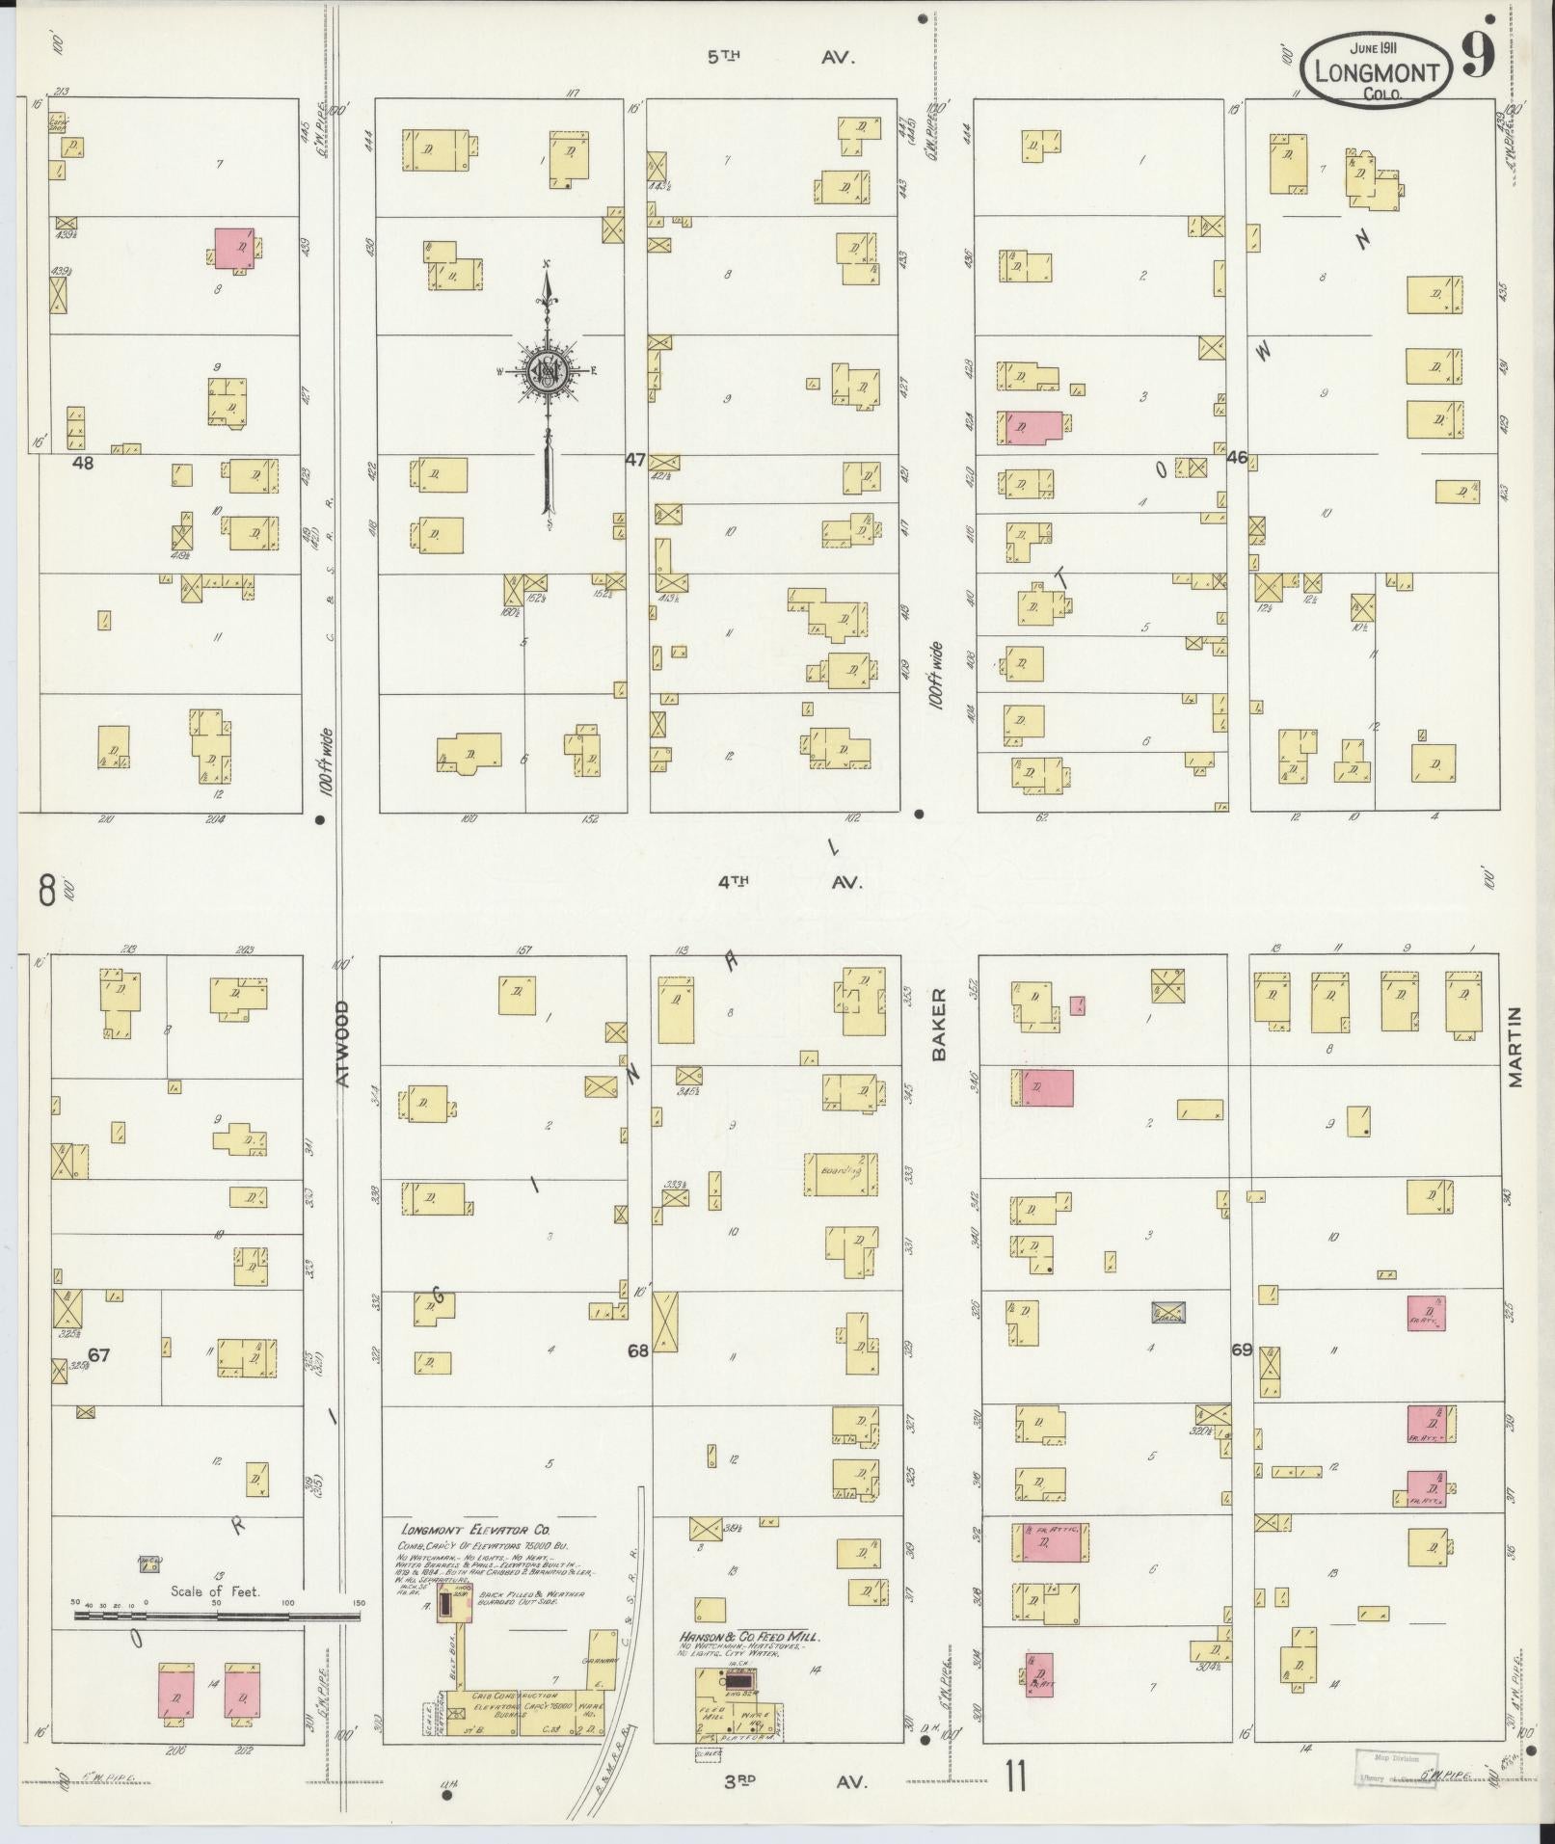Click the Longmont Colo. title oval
click(x=1375, y=69)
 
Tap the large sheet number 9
click(x=1477, y=55)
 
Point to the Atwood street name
click(x=343, y=1044)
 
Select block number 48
click(x=84, y=463)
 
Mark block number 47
click(x=634, y=460)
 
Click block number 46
click(x=1237, y=457)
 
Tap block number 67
click(x=98, y=1355)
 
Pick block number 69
click(x=1241, y=1350)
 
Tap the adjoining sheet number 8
click(x=46, y=889)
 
